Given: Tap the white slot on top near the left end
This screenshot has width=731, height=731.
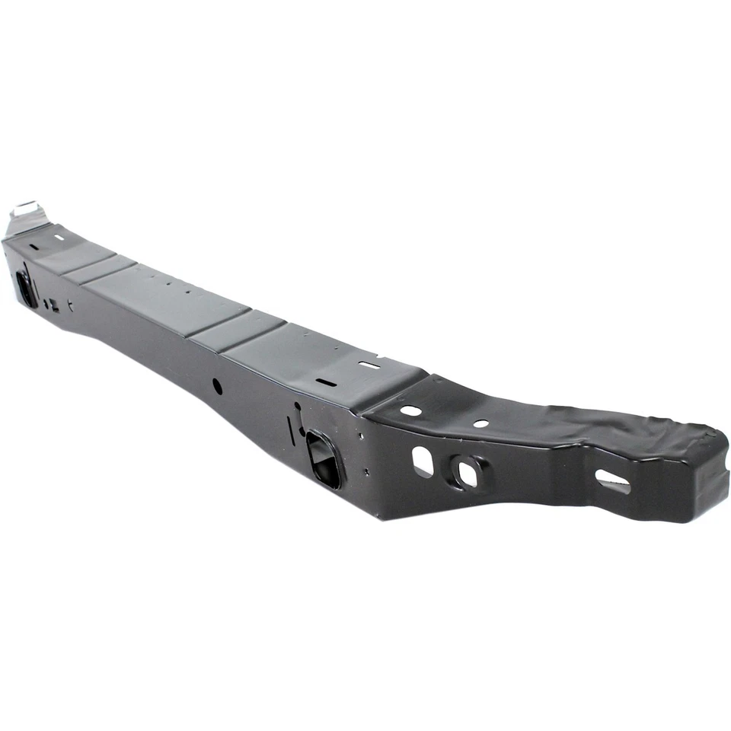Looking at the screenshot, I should [x=59, y=237].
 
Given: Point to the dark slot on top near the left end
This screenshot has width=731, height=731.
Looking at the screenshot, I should [x=34, y=246].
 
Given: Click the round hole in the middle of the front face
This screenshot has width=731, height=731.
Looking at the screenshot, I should [x=217, y=386].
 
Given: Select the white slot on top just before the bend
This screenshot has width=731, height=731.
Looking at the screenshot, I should [x=369, y=365].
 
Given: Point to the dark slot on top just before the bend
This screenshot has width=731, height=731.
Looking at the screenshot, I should [x=324, y=382].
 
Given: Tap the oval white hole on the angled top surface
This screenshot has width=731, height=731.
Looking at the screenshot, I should [x=411, y=410].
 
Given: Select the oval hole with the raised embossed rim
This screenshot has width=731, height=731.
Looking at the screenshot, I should [x=465, y=472].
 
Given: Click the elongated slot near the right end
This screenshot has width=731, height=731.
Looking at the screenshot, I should [x=613, y=481].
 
